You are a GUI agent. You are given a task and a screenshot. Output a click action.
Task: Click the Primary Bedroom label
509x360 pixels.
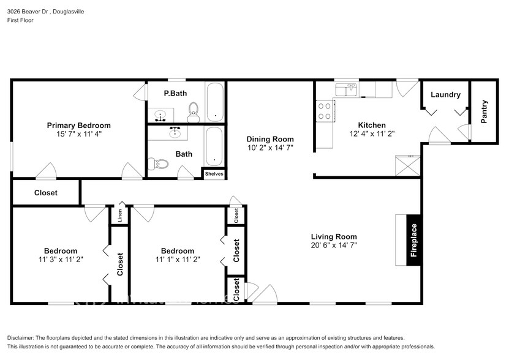(x=78, y=125)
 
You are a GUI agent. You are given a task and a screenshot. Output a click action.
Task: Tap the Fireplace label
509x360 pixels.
(x=413, y=240)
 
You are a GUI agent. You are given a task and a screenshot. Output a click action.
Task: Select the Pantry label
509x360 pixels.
(x=484, y=112)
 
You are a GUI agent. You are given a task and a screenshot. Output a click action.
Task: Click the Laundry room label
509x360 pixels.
(x=445, y=95)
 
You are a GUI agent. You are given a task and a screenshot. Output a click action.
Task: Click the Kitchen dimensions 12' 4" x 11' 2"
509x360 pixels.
(x=371, y=133)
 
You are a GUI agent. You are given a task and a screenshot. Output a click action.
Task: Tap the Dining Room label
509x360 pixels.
(x=270, y=139)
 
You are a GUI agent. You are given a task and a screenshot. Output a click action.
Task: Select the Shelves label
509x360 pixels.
(x=214, y=174)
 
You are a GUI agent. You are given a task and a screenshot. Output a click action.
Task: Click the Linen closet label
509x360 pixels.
(x=119, y=216)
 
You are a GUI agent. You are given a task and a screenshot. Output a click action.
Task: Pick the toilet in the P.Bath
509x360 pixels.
(x=194, y=110)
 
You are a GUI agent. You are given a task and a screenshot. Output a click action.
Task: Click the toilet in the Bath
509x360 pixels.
(x=158, y=163)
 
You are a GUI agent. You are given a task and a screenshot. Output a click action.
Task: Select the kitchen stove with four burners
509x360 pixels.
(x=324, y=111)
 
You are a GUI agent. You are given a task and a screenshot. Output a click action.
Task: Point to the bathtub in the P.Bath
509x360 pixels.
(x=215, y=102)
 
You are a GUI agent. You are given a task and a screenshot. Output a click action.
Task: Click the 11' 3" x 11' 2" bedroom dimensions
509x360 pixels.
(x=60, y=259)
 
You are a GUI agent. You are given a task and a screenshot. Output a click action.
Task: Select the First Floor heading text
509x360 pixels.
(x=20, y=20)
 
